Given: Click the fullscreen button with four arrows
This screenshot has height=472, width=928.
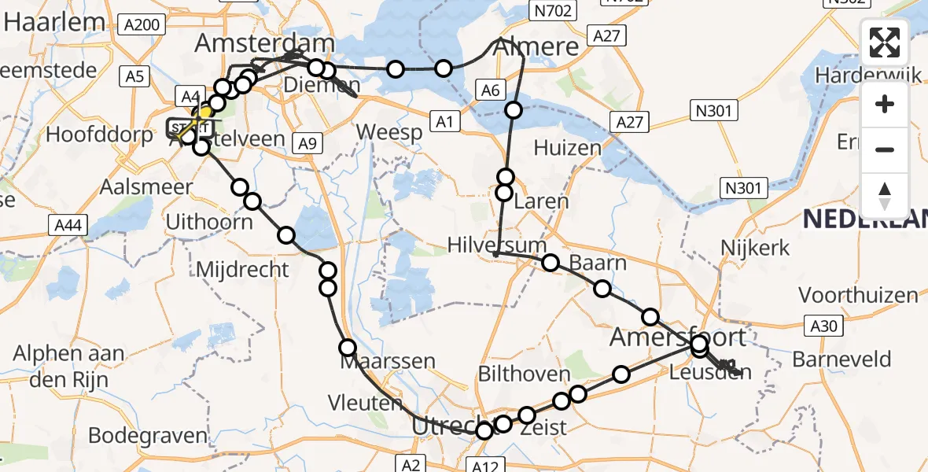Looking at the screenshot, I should pos(885,42).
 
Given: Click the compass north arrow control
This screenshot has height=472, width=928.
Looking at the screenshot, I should pos(885,195).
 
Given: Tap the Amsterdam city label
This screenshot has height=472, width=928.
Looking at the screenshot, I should pos(265,43).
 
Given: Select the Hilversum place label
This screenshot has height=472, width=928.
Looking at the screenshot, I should pos(496,244).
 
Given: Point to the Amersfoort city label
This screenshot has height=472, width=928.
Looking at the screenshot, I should pos(679,338).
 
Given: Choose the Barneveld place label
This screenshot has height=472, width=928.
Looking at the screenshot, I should pos(841,360).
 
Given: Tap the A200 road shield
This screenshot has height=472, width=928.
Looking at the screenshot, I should pos(142,25).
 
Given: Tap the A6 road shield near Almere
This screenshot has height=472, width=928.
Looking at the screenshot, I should pos(490,90).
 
